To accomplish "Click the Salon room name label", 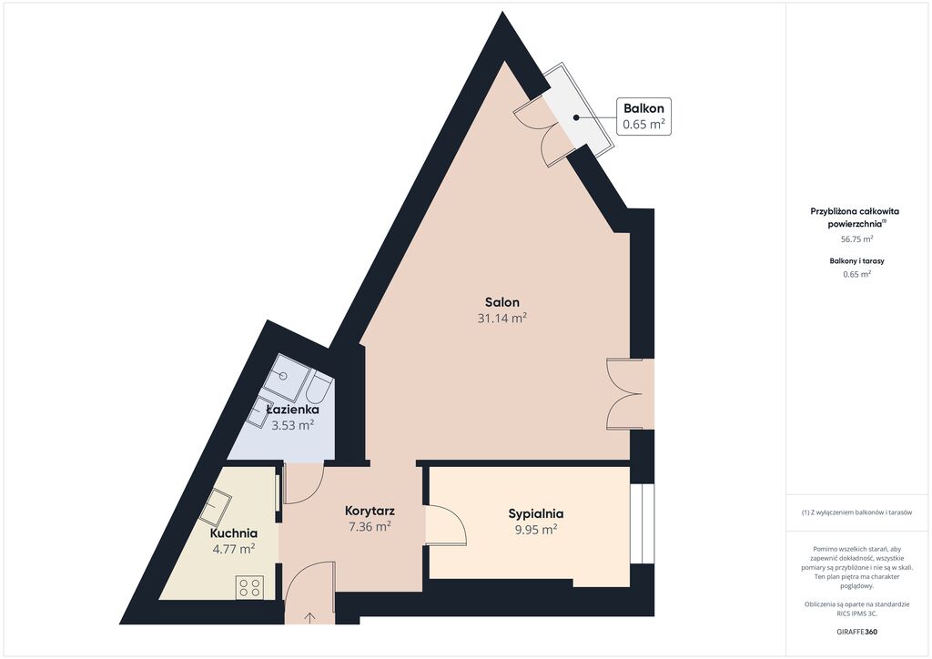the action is (x=502, y=302).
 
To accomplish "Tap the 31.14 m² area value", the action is (x=502, y=318).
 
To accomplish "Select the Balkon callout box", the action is (x=643, y=117).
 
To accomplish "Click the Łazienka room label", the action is (x=292, y=410).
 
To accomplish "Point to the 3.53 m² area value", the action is (x=292, y=425).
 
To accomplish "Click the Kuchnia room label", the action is (x=234, y=533).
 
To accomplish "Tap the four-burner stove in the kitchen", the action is (x=249, y=588).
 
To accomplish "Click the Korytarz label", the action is (x=370, y=511).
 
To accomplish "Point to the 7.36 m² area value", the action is (x=370, y=526).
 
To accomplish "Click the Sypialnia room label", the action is (x=536, y=513).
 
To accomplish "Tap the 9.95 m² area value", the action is (x=536, y=530).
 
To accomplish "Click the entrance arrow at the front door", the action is (x=309, y=617).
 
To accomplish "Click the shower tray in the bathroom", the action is (x=287, y=377).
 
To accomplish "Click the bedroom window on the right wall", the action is (x=642, y=523).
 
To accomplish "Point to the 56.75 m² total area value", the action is (x=856, y=238).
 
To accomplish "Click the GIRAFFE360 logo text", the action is (x=856, y=632).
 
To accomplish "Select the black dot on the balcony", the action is (x=576, y=117).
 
